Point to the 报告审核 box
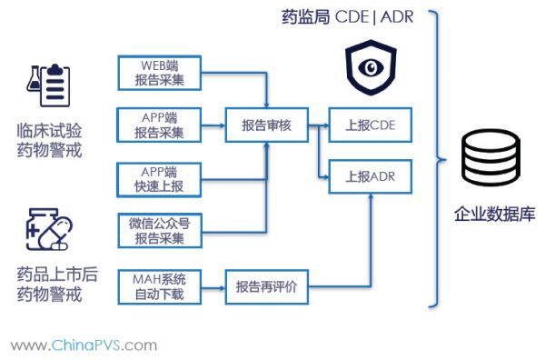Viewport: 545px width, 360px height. point(267,125)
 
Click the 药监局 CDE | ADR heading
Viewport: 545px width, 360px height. point(348,15)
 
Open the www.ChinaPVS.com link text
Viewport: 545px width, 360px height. point(84,345)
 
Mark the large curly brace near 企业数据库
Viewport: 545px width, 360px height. point(438,159)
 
